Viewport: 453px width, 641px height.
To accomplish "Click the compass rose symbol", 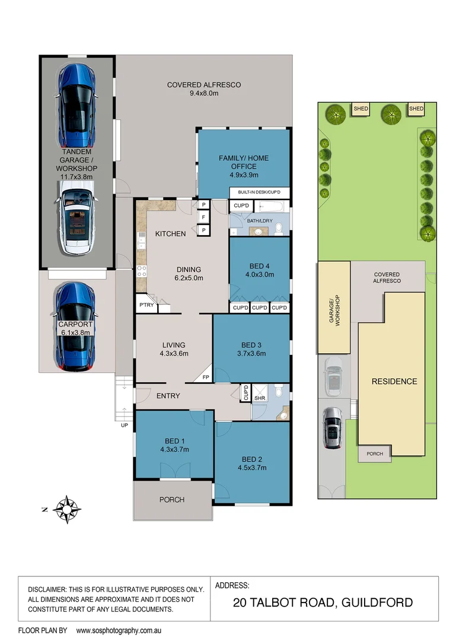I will point(67,509).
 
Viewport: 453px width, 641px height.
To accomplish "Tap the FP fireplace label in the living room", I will point(206,377).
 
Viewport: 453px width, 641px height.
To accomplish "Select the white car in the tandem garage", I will point(75,217).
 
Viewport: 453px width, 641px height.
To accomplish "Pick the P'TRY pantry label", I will point(146,305).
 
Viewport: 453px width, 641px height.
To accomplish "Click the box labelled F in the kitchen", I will point(203,217).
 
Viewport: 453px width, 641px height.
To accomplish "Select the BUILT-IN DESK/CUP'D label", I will point(259,193).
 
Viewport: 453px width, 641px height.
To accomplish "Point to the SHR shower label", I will point(260,398).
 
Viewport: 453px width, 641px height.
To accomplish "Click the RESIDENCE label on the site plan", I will point(394,382).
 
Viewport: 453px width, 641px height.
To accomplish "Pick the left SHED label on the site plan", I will point(361,109).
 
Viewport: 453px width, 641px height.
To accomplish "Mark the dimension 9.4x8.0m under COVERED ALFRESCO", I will point(203,94).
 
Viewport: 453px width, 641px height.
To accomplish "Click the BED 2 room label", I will point(251,459).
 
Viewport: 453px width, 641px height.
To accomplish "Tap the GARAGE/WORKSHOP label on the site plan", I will point(336,309).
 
